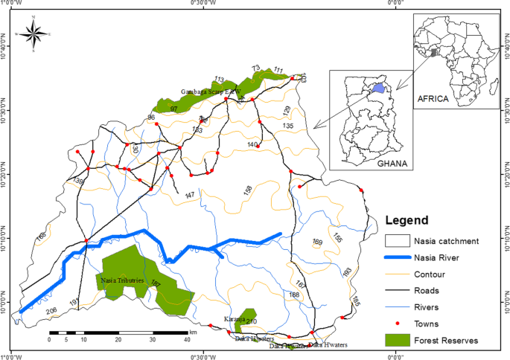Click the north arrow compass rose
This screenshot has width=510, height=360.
[x=33, y=33]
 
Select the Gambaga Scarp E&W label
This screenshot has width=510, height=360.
[x=211, y=91]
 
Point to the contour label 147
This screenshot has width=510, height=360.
[x=189, y=195]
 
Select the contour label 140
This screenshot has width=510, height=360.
[x=252, y=144]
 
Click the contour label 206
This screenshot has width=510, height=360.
[x=51, y=310]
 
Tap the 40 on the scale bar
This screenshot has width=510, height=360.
[x=187, y=339]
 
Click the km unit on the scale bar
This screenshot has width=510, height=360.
[x=193, y=332]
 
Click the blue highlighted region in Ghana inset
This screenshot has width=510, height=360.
[x=378, y=88]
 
